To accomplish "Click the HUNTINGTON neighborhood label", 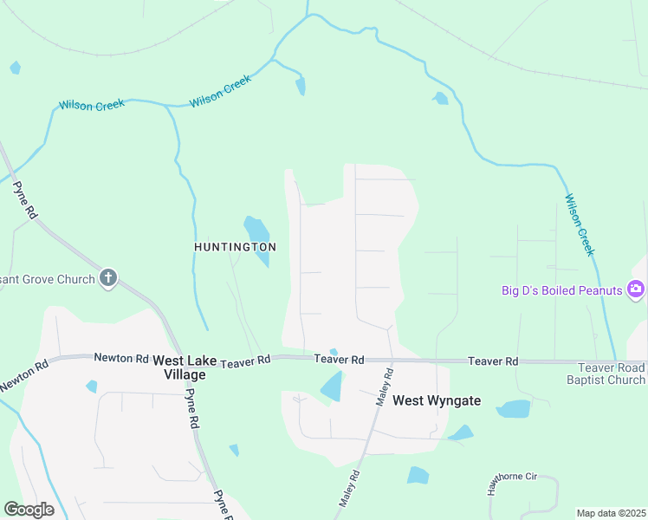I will pos(235,247).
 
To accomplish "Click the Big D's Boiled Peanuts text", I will pos(562,290).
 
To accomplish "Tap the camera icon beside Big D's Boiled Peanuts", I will pos(637,289).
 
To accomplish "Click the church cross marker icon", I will pos(108,278).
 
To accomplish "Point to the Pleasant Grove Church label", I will pos(47,279).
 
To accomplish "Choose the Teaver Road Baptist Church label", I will pos(606,374).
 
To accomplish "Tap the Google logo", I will pos(29,509).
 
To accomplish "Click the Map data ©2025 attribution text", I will pos(611,513).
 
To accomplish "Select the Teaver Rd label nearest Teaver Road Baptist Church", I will pos(493,361).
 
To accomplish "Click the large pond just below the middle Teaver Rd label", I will pos(332,387).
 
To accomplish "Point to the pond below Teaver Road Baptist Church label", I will pos(514,409).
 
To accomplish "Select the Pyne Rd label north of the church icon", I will pos(23,199).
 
